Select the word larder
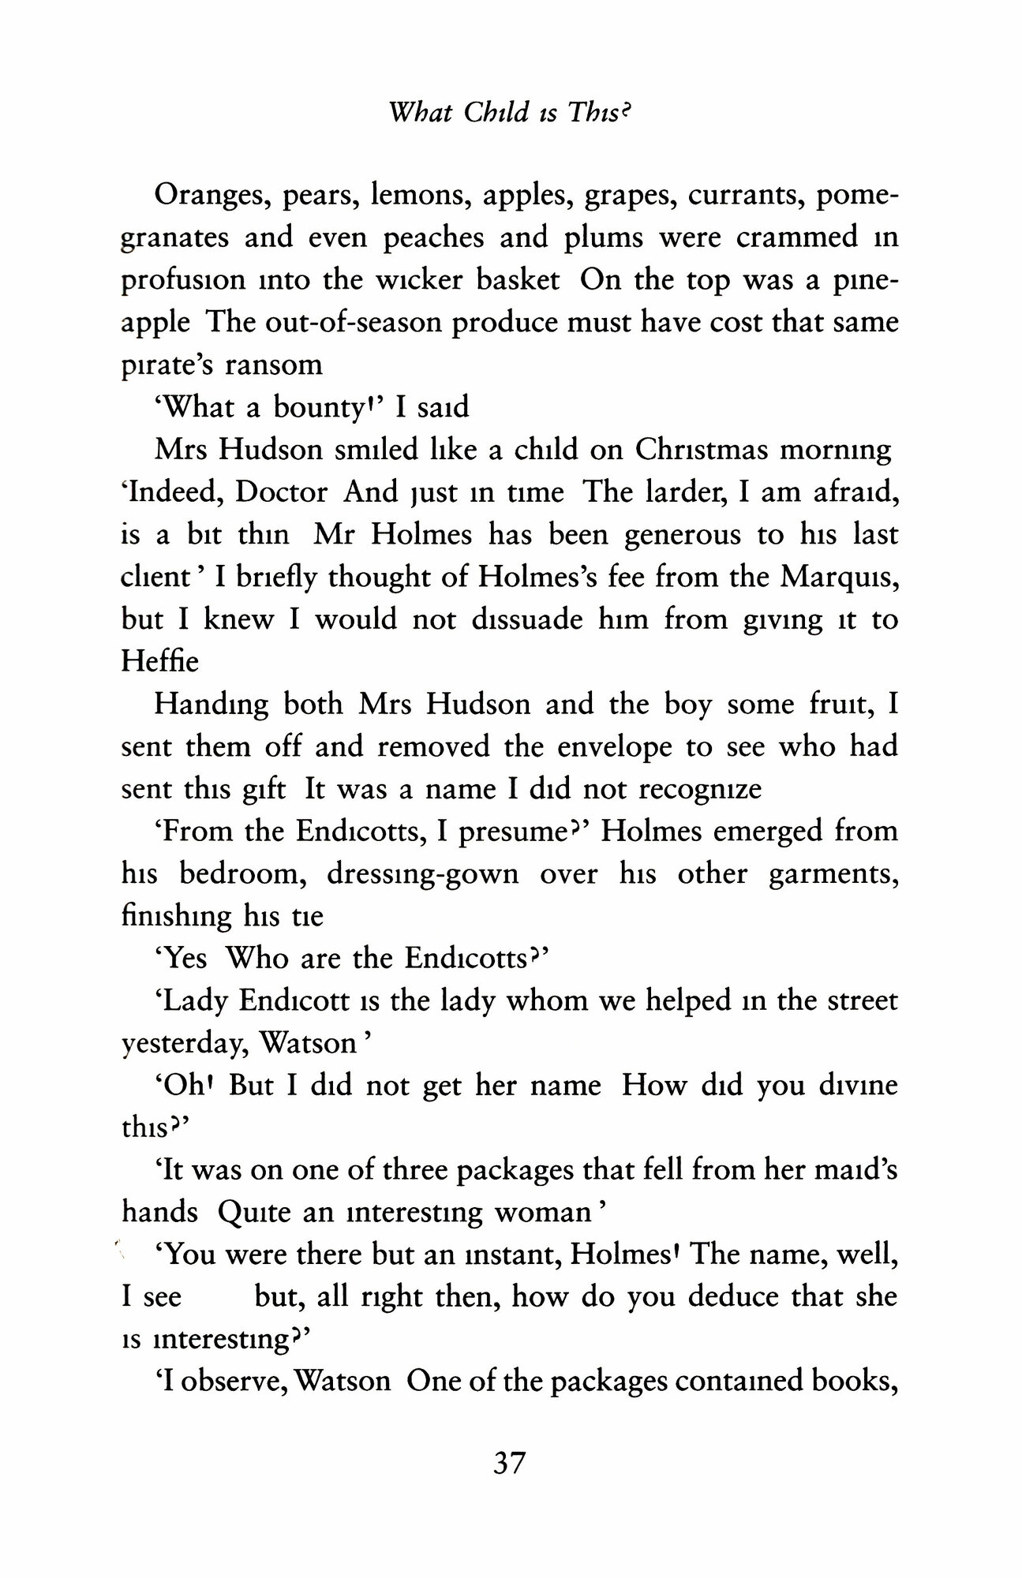coord(697,493)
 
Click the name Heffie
coord(160,661)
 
